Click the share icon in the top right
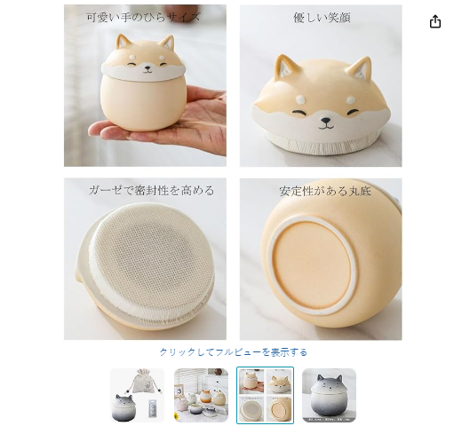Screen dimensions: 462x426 coord(435,21)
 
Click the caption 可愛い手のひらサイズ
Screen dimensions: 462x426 coord(144,17)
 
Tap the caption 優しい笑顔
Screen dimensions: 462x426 coord(322,18)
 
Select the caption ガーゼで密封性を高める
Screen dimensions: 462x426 coord(151,190)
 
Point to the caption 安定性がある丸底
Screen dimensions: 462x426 coord(325,191)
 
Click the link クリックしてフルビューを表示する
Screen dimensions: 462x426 coord(234,352)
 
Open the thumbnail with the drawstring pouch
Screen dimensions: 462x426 coord(137,395)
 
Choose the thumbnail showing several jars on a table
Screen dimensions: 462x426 coord(201,395)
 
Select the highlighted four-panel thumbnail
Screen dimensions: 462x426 coord(265,395)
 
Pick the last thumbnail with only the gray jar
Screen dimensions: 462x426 coord(329,395)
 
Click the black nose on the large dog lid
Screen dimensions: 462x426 coord(326,121)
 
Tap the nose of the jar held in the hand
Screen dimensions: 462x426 coord(147,67)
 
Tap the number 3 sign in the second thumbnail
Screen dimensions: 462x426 coord(179,391)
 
